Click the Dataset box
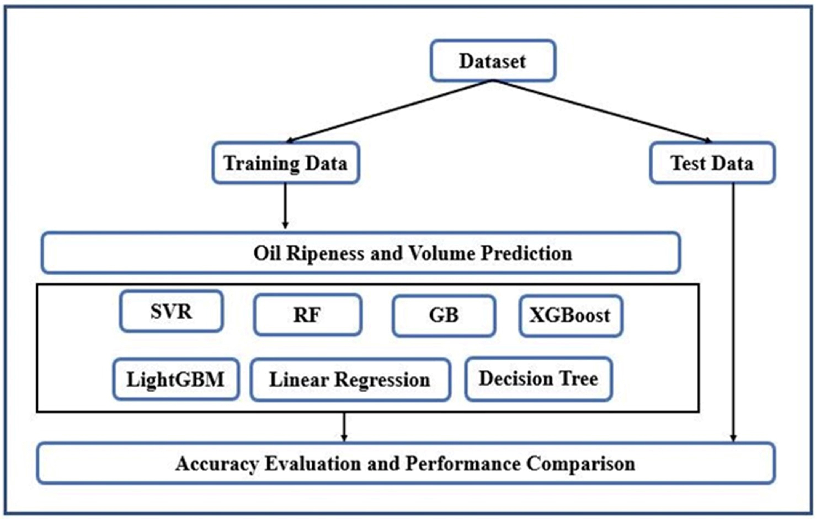pyautogui.click(x=493, y=61)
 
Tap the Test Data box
pyautogui.click(x=712, y=163)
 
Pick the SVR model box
pyautogui.click(x=171, y=311)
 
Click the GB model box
pyautogui.click(x=444, y=315)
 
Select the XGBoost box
pyautogui.click(x=571, y=315)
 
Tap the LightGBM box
pyautogui.click(x=176, y=379)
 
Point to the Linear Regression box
pyautogui.click(x=350, y=379)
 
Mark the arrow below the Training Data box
pyautogui.click(x=285, y=206)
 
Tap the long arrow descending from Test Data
pyautogui.click(x=733, y=312)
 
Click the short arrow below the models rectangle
pyautogui.click(x=344, y=427)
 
